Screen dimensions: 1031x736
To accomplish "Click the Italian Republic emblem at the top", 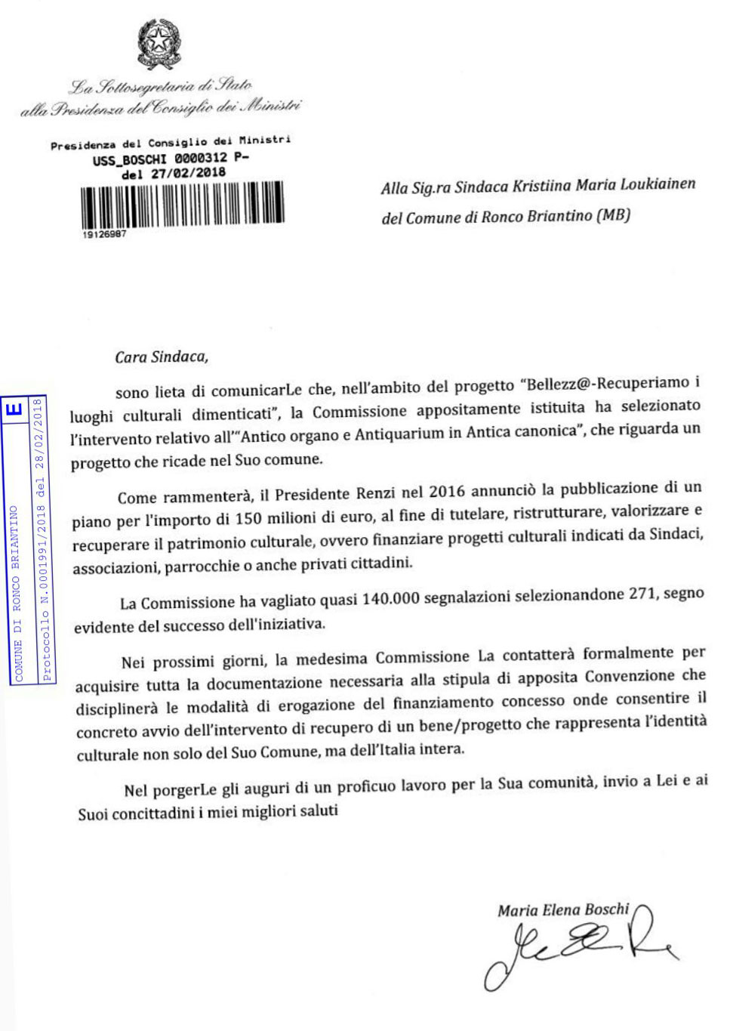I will click(x=159, y=43).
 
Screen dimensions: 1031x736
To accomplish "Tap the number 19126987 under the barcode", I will click(x=104, y=235).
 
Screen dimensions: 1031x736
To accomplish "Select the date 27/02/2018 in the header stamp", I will click(x=188, y=174).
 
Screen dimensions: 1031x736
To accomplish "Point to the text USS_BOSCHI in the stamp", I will click(x=129, y=160).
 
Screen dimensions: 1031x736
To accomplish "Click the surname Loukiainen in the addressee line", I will click(x=657, y=184).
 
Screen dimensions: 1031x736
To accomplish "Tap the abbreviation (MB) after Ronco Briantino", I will click(x=613, y=215).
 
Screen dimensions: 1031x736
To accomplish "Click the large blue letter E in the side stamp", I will click(x=14, y=410).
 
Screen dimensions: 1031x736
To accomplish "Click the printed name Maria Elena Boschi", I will click(x=563, y=910).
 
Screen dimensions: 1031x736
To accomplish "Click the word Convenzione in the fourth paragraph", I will click(x=630, y=676).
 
